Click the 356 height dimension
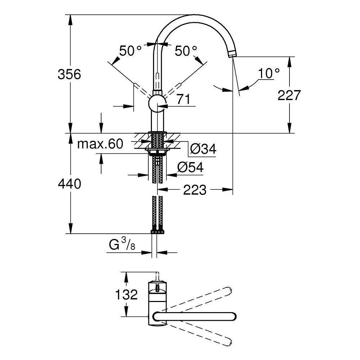click(x=69, y=75)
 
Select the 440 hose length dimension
click(x=69, y=184)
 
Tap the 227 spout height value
click(x=289, y=95)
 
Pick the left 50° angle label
click(x=130, y=51)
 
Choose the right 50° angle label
click(x=186, y=51)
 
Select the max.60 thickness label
click(x=100, y=144)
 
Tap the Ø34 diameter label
click(x=203, y=149)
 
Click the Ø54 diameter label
click(x=190, y=167)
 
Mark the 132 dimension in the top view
click(x=127, y=294)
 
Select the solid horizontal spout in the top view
click(x=194, y=316)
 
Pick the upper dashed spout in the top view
click(x=202, y=299)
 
